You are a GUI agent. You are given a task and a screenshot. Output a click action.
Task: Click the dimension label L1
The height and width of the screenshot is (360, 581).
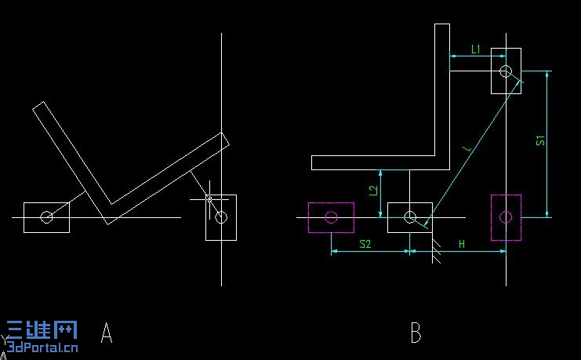(476, 49)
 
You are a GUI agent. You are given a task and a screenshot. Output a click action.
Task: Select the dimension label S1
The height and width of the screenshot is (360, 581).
(540, 140)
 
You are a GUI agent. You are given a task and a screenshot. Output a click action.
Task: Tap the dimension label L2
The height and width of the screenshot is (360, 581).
(373, 190)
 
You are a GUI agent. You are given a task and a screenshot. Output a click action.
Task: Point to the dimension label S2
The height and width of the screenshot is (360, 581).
(365, 244)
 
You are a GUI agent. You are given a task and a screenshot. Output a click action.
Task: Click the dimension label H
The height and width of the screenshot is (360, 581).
(462, 244)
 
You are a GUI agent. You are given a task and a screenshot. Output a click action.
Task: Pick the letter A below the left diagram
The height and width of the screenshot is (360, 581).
(107, 333)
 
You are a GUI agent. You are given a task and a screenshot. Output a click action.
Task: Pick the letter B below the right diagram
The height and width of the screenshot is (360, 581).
(416, 333)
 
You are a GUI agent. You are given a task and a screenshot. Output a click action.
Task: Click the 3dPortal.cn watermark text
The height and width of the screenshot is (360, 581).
(42, 347)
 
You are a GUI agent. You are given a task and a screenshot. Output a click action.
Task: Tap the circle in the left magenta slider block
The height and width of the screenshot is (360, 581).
(331, 217)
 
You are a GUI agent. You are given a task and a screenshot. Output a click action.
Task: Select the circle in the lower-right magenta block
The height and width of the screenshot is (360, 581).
(506, 217)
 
